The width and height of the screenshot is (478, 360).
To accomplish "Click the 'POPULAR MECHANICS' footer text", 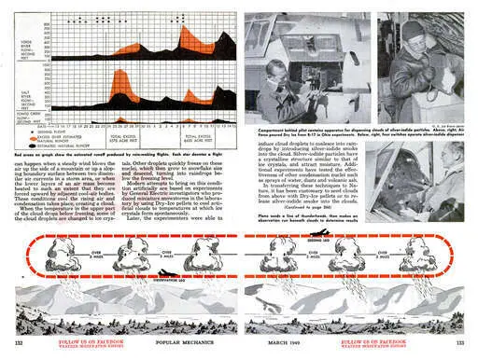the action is (177, 344).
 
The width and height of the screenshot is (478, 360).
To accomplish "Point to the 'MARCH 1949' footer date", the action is (298, 344).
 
